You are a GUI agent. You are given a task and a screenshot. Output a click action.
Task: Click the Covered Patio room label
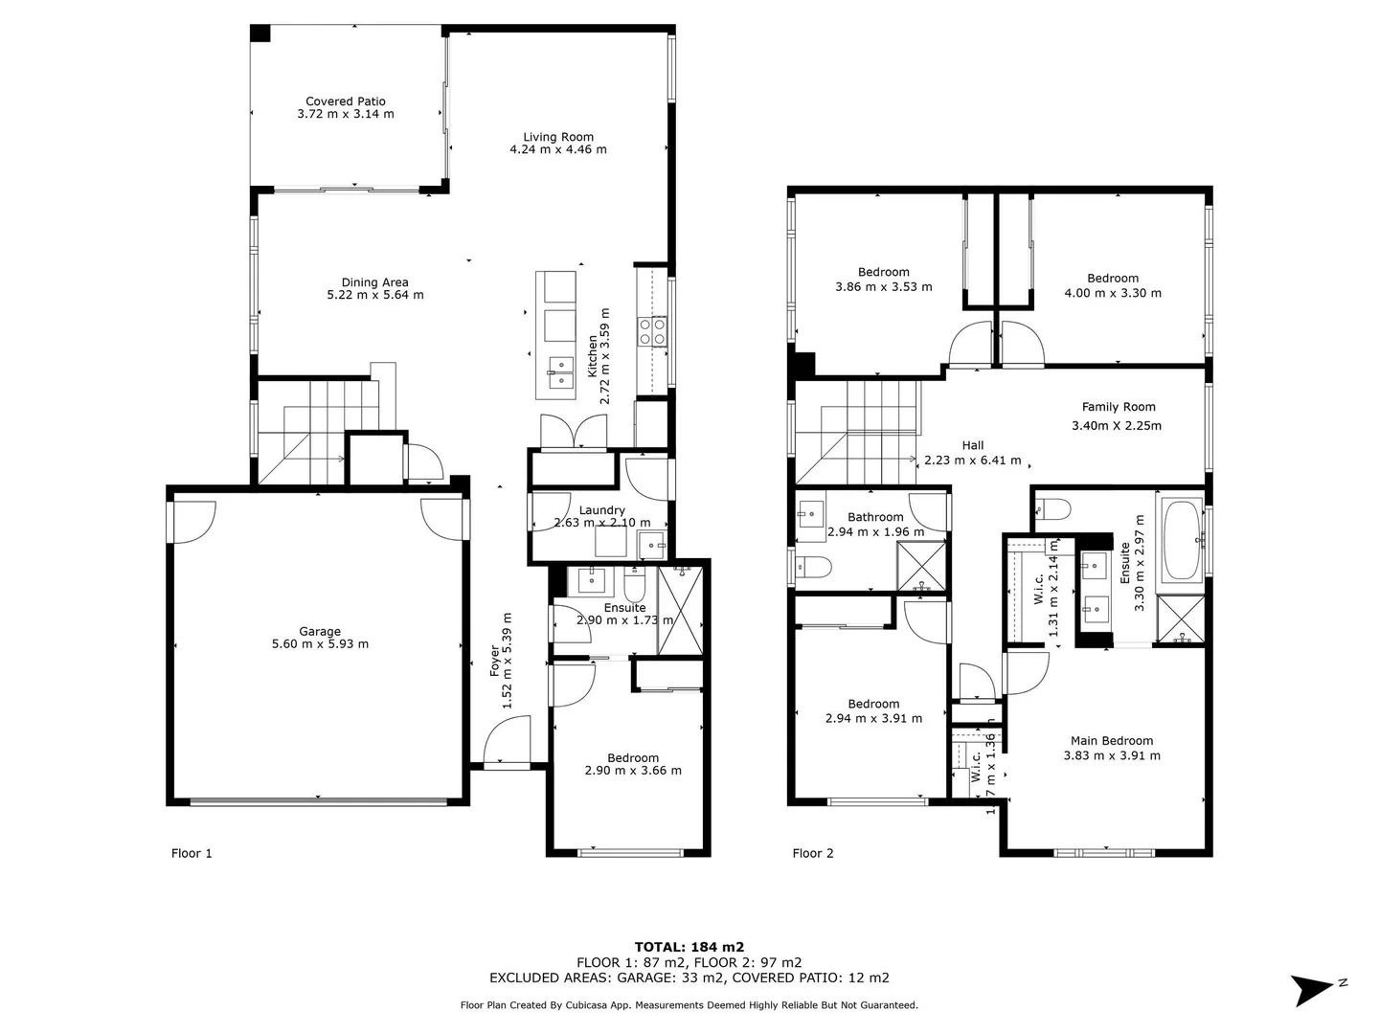(x=346, y=101)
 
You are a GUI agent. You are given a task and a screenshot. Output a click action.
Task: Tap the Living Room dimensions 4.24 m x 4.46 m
(x=558, y=149)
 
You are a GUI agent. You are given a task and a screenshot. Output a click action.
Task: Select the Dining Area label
(x=374, y=282)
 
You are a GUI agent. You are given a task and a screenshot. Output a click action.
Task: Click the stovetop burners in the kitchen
(x=652, y=331)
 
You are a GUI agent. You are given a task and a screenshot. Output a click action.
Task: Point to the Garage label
(x=320, y=631)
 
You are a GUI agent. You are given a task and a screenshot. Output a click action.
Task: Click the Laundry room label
(x=602, y=510)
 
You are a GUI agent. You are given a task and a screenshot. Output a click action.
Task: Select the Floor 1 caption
(x=192, y=853)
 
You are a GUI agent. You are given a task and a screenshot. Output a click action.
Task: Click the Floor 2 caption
(x=813, y=853)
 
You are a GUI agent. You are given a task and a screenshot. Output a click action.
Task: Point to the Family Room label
(x=1119, y=407)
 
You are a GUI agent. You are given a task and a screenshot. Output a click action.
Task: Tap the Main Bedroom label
(x=1112, y=740)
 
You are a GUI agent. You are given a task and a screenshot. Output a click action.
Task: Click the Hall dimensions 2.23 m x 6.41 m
(x=972, y=461)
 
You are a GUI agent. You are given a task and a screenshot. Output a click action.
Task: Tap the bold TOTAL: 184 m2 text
(x=689, y=947)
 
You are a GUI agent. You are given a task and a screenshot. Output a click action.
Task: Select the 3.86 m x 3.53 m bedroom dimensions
(x=883, y=286)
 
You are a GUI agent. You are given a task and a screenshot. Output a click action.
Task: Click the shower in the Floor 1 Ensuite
(x=682, y=610)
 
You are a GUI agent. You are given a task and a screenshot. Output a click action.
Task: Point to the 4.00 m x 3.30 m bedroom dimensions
(x=1113, y=293)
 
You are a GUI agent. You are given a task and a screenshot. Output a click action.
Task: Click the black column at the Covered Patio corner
(x=260, y=34)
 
